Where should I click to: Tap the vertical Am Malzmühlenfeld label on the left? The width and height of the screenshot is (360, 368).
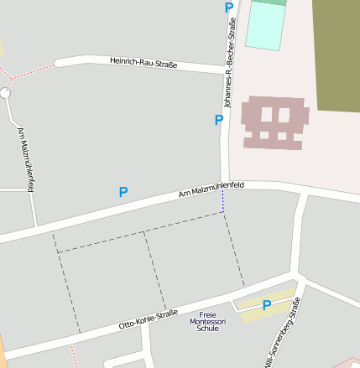click(x=24, y=159)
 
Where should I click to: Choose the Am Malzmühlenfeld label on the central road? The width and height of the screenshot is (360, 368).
click(x=211, y=189)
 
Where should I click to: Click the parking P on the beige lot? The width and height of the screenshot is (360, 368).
click(x=267, y=305)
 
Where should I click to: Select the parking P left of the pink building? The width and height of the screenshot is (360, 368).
click(x=219, y=120)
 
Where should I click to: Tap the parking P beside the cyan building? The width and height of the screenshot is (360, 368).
click(x=229, y=8)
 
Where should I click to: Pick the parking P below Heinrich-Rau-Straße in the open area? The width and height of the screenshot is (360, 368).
click(x=123, y=192)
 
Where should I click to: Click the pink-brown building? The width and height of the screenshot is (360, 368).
click(x=274, y=122)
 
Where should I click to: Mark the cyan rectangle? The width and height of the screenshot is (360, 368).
click(x=266, y=26)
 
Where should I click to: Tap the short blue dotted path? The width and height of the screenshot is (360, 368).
click(x=223, y=201)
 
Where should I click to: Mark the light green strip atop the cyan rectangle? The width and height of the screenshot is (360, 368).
click(x=269, y=3)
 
